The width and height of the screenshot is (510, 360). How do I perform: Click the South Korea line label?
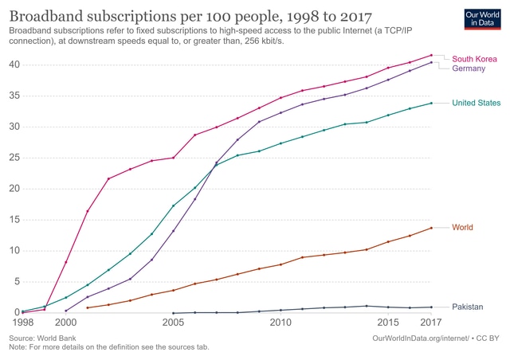pos(474,59)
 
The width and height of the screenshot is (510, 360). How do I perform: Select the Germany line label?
pos(470,69)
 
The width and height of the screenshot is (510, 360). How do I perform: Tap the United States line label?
pos(476,104)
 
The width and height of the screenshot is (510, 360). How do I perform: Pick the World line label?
pos(462,228)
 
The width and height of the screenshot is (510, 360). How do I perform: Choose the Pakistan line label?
pos(467,307)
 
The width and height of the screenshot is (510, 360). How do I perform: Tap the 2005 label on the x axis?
pos(173,323)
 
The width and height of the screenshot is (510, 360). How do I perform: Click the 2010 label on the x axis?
pos(280,323)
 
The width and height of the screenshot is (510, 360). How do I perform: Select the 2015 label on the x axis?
pos(388,323)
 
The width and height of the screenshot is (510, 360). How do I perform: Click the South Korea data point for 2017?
pos(431,55)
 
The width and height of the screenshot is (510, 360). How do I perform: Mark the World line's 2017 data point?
pos(431,228)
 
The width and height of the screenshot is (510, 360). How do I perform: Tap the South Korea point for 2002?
pos(108,178)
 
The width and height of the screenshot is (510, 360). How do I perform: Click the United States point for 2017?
pos(431,103)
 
